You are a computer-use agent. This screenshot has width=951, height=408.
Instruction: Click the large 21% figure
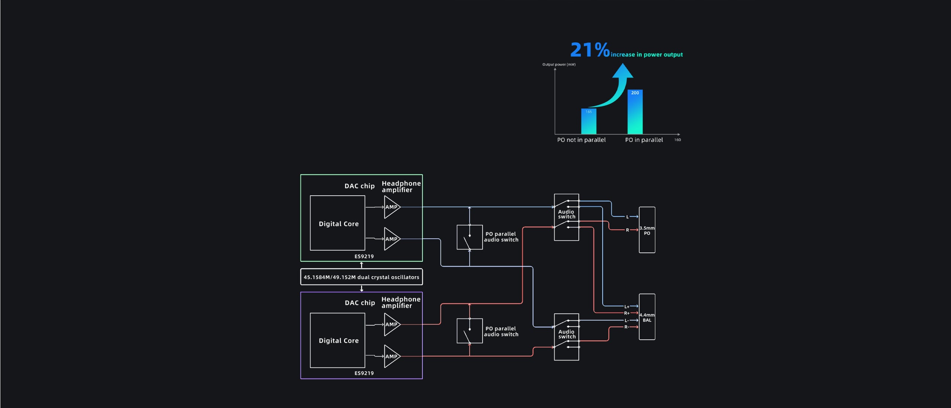pos(590,50)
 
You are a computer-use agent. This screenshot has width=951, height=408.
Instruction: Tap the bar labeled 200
pos(635,112)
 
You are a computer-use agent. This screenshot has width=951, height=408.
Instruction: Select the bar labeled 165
pos(588,121)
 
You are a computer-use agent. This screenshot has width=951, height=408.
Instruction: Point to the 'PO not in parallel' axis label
pos(581,140)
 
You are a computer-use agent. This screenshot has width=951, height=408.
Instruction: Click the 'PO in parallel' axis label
pos(644,140)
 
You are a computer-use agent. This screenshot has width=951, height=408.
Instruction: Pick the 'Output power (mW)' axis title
pos(559,65)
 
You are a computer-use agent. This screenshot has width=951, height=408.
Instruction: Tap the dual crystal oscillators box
pos(361,277)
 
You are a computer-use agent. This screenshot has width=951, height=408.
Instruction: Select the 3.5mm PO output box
pos(647,230)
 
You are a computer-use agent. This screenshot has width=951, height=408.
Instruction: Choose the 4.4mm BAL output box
pos(647,317)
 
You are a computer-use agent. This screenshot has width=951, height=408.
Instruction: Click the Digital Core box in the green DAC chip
pos(338,223)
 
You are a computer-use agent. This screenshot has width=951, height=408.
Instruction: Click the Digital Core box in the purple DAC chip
pos(338,340)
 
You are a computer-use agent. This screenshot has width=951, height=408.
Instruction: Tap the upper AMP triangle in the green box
pos(391,207)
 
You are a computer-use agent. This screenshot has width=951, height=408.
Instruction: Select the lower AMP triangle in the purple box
pos(391,356)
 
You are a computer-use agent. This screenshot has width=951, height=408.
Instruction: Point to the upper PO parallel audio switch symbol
pos(470,237)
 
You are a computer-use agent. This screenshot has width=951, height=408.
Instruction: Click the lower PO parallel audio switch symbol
pos(470,331)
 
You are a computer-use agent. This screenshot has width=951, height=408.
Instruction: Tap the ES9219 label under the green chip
pos(364,257)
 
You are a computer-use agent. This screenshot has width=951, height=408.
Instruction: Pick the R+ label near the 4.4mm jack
pos(627,313)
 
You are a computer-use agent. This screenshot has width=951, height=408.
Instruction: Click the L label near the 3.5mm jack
pos(627,217)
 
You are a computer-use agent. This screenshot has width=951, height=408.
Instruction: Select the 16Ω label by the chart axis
pos(678,140)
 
